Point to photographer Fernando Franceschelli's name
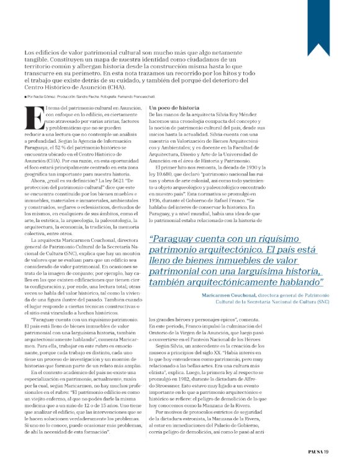150,97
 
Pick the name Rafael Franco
242,199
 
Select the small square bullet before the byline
26,97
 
